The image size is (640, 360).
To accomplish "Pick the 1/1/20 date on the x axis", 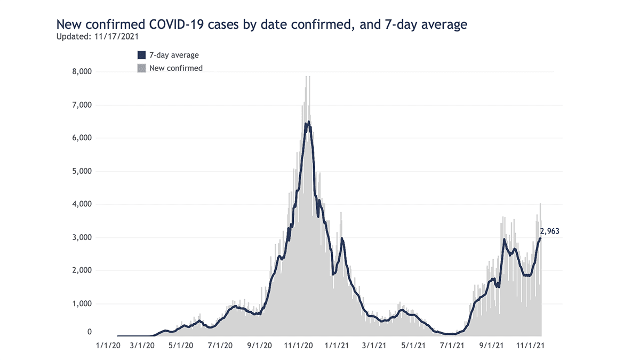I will tap(108, 346).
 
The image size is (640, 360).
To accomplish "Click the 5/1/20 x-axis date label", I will tap(182, 346).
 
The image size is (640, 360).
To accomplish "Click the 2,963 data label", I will tap(549, 231).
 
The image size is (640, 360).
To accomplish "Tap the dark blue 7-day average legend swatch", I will tap(141, 55).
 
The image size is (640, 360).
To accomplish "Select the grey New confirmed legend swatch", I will tap(141, 68).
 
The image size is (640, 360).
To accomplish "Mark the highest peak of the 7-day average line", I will tap(309, 122).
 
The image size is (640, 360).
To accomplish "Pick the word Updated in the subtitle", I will tap(71, 37).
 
